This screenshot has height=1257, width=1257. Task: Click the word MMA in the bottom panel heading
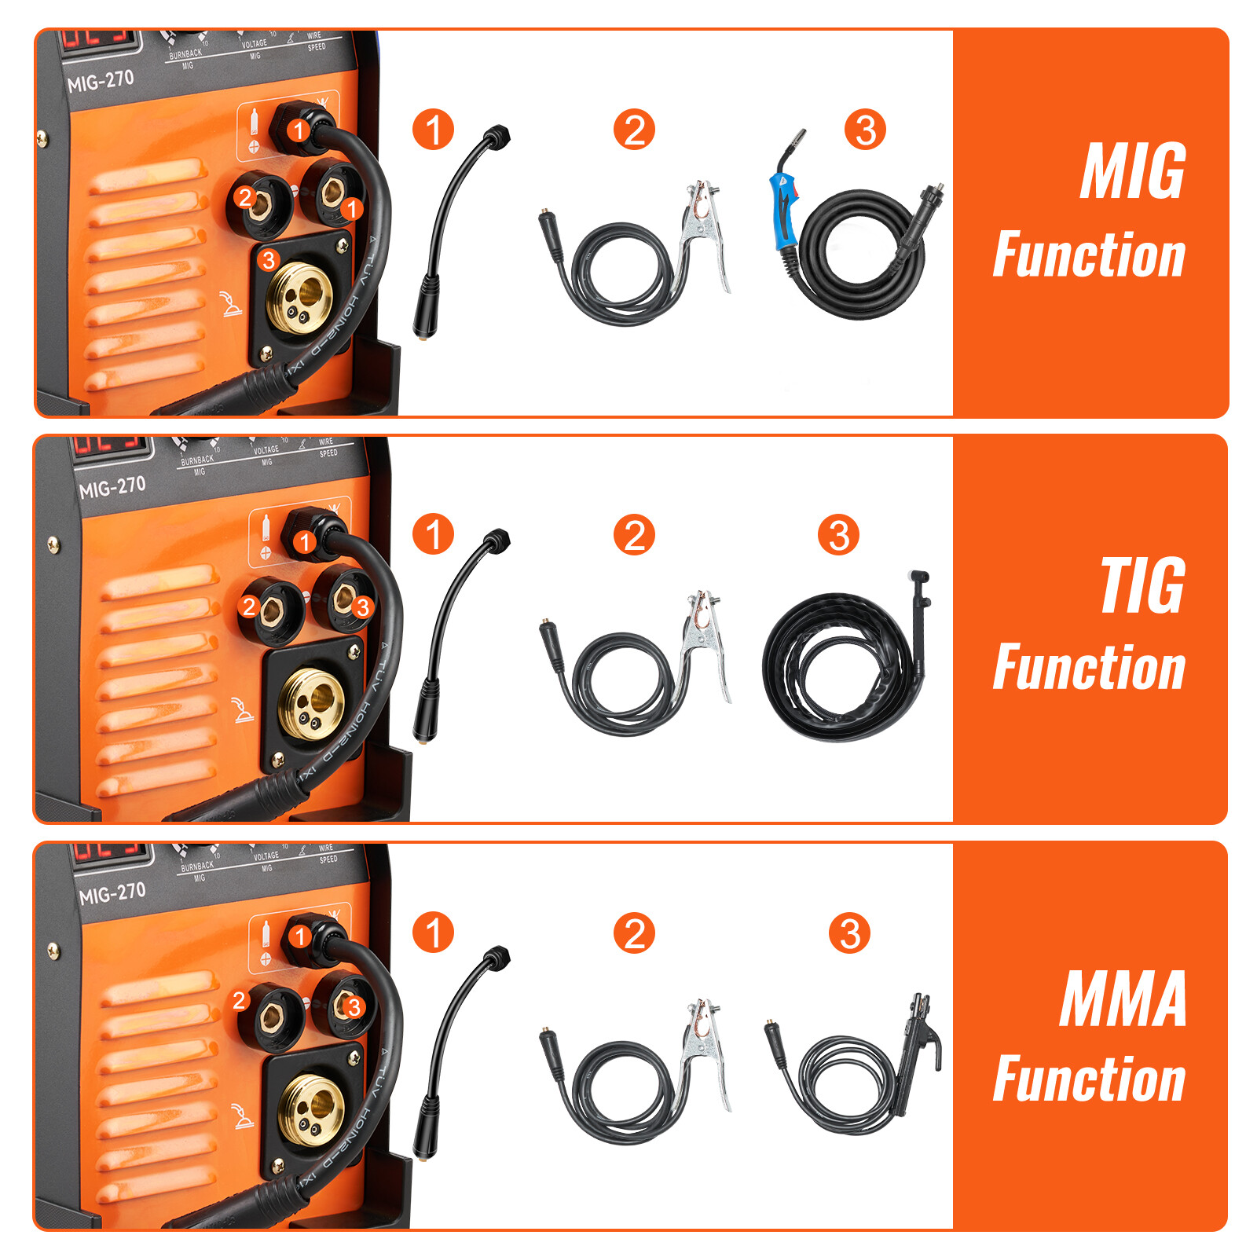pyautogui.click(x=1123, y=999)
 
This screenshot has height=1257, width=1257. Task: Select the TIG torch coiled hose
pyautogui.click(x=833, y=668)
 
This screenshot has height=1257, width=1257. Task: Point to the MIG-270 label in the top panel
pyautogui.click(x=100, y=81)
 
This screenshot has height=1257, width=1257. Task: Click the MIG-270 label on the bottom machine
pyautogui.click(x=112, y=893)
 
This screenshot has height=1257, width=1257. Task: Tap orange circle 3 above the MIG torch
pyautogui.click(x=865, y=130)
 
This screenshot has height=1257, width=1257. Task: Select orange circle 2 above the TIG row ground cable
pyautogui.click(x=634, y=535)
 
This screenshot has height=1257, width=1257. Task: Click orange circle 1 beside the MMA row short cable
pyautogui.click(x=433, y=933)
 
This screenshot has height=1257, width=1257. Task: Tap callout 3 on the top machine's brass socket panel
pyautogui.click(x=269, y=260)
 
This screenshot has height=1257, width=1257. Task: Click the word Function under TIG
pyautogui.click(x=1089, y=668)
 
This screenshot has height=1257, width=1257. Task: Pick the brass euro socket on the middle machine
pyautogui.click(x=312, y=703)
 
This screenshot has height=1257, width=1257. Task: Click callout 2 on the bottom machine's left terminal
pyautogui.click(x=240, y=1000)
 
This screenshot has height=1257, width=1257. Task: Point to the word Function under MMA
pyautogui.click(x=1089, y=1079)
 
